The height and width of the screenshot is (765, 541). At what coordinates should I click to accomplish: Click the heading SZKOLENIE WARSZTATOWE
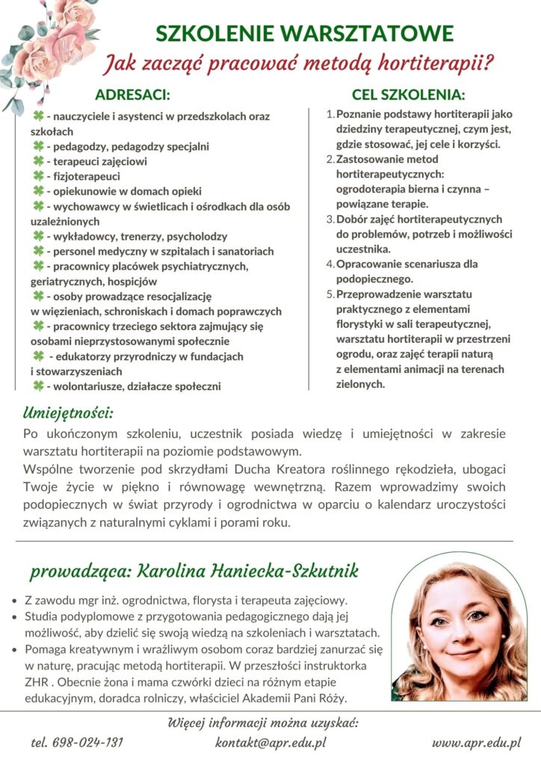point(304,33)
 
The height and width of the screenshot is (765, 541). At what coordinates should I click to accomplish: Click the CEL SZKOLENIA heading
point(408,96)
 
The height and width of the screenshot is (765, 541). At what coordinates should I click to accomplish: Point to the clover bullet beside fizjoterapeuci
point(37,176)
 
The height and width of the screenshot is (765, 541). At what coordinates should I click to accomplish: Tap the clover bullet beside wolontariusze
point(37,385)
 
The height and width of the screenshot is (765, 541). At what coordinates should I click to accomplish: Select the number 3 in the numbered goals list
point(330,220)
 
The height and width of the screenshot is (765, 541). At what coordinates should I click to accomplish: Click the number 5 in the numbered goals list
point(330,294)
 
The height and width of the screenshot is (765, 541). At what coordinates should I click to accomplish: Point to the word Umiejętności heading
point(68,412)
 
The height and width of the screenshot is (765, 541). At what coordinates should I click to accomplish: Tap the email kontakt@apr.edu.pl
point(270,743)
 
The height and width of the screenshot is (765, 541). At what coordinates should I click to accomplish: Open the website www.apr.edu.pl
point(476,743)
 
